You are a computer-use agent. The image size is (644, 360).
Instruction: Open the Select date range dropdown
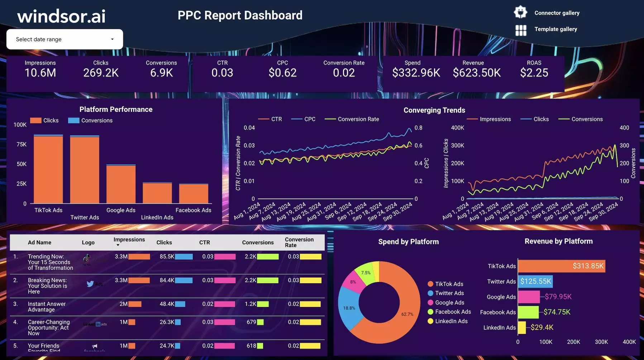pyautogui.click(x=65, y=39)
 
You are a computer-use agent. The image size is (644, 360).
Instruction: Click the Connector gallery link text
pyautogui.click(x=557, y=13)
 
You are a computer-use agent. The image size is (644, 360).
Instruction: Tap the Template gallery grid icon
pyautogui.click(x=521, y=30)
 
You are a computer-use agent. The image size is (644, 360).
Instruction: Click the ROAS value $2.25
pyautogui.click(x=534, y=73)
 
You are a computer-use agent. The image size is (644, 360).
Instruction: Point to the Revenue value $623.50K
pyautogui.click(x=476, y=73)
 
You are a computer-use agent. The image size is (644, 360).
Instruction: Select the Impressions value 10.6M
pyautogui.click(x=40, y=73)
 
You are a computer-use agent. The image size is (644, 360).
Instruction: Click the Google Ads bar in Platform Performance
pyautogui.click(x=121, y=185)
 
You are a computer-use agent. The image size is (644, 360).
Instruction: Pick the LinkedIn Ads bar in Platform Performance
pyautogui.click(x=157, y=194)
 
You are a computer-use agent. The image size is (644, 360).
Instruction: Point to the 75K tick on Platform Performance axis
pyautogui.click(x=22, y=144)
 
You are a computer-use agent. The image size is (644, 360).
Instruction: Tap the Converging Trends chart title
pyautogui.click(x=434, y=110)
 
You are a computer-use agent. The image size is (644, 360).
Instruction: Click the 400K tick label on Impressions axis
pyautogui.click(x=457, y=128)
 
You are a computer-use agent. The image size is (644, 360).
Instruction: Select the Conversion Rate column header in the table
pyautogui.click(x=299, y=242)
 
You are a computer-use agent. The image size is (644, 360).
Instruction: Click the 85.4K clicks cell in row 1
pyautogui.click(x=167, y=257)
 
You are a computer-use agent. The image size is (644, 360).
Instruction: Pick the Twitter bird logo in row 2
pyautogui.click(x=90, y=284)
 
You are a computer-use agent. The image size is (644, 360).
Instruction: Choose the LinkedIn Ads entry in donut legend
pyautogui.click(x=451, y=321)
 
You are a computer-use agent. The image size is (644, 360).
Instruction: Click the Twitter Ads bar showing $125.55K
pyautogui.click(x=535, y=281)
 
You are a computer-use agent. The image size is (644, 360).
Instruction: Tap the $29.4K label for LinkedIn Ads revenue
pyautogui.click(x=542, y=327)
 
